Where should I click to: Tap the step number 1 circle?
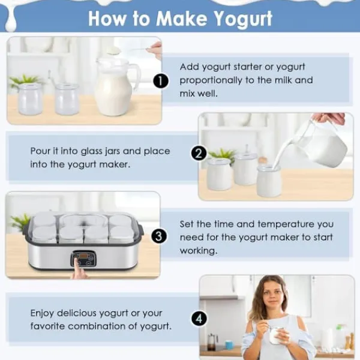click(160, 80)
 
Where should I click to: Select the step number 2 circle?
click(199, 154)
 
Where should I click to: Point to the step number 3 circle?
click(158, 236)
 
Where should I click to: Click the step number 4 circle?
click(199, 318)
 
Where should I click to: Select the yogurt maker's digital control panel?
click(83, 259)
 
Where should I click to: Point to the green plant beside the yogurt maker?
click(20, 221)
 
